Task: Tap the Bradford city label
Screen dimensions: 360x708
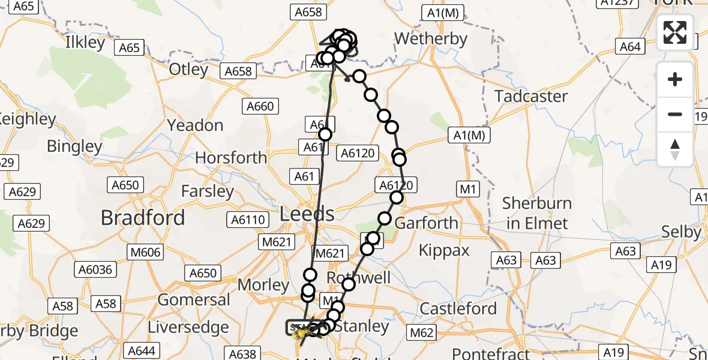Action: click(x=143, y=217)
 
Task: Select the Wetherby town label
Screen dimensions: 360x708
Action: click(x=430, y=40)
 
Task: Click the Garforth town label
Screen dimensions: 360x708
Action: click(x=426, y=223)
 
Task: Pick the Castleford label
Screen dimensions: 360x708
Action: click(x=458, y=308)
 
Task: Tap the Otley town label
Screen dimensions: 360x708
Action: click(x=188, y=69)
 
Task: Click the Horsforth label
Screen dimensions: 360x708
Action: click(x=231, y=157)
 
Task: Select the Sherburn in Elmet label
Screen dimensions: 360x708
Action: click(x=536, y=213)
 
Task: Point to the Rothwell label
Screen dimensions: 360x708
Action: click(x=358, y=278)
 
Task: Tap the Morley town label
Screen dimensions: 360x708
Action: click(x=264, y=284)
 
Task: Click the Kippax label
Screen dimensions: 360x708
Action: click(x=444, y=250)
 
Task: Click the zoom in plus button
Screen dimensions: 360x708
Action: click(x=675, y=79)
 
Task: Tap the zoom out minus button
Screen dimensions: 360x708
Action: click(x=675, y=114)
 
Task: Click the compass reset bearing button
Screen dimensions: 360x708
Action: click(x=675, y=149)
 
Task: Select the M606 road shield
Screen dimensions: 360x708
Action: click(x=145, y=253)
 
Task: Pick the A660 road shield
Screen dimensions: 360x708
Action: click(x=260, y=107)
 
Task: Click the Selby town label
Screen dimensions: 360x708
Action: click(x=681, y=232)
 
